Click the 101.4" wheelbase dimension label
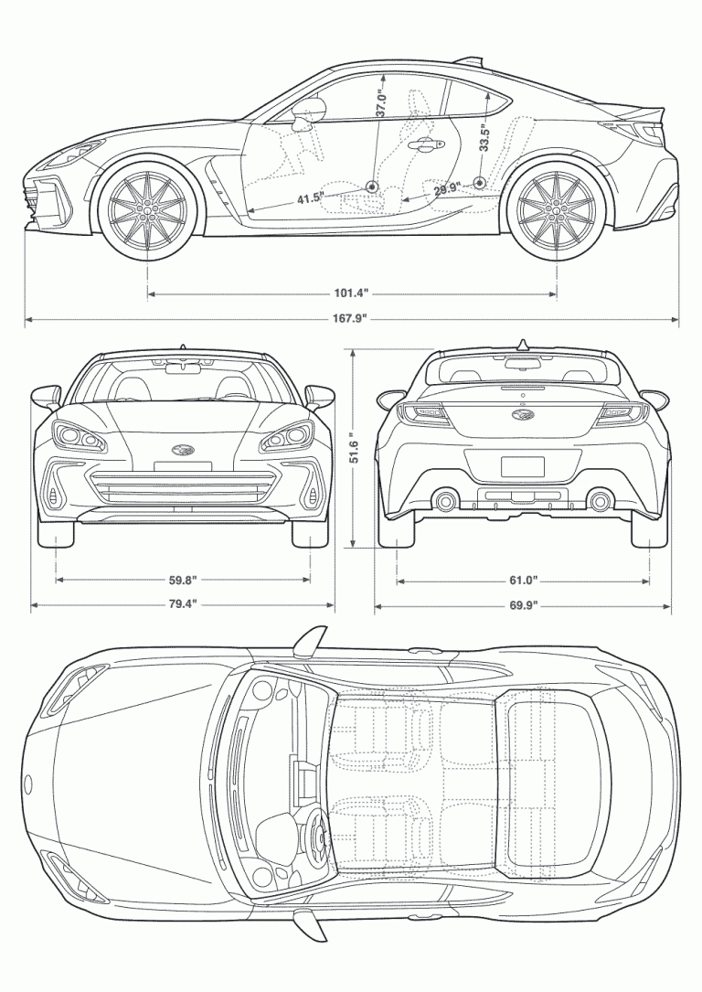[351, 293]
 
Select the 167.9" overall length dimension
[351, 319]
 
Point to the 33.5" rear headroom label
[484, 138]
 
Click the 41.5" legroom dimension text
[310, 197]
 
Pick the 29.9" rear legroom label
[446, 189]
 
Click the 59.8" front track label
[183, 580]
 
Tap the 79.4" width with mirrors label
[183, 604]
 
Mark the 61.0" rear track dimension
[523, 580]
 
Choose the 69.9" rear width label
[523, 604]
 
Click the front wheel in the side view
[146, 209]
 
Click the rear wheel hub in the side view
[556, 209]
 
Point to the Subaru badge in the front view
[183, 449]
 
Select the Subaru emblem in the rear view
[523, 416]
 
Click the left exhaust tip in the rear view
[446, 500]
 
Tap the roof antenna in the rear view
[523, 344]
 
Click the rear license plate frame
[523, 466]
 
